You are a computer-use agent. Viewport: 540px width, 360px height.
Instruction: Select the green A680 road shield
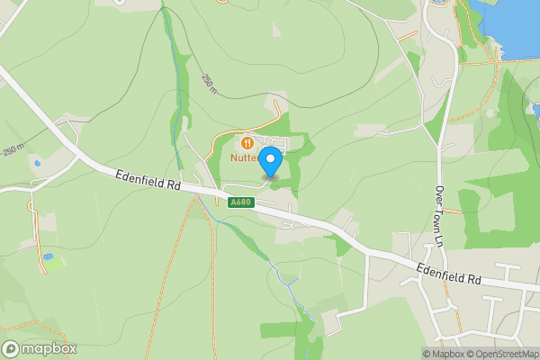[240, 202]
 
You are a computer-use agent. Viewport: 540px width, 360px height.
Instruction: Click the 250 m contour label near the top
[209, 83]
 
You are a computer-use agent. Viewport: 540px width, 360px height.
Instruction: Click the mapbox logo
[40, 349]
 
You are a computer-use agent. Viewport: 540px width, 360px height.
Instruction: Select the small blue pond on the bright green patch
[49, 257]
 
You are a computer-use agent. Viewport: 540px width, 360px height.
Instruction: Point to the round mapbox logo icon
[11, 349]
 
